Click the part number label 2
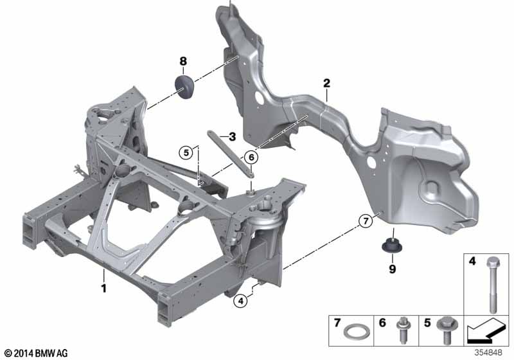click(x=326, y=83)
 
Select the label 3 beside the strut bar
click(x=232, y=136)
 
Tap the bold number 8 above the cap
click(x=183, y=61)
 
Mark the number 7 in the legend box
click(x=336, y=320)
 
